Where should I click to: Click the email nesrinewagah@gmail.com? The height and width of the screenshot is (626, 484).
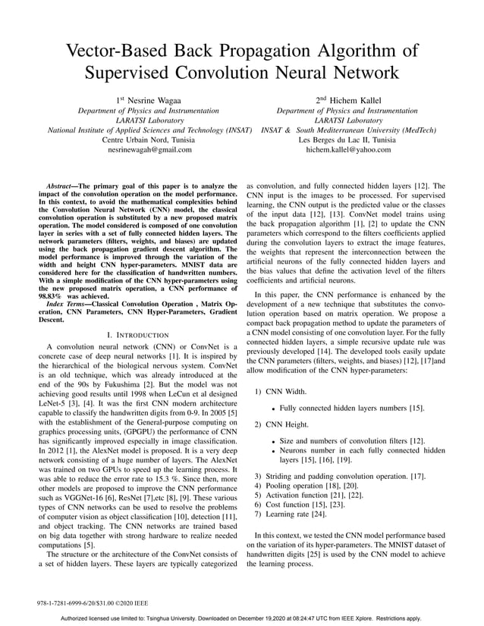[150, 150]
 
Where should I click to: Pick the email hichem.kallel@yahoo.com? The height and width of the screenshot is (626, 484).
[348, 150]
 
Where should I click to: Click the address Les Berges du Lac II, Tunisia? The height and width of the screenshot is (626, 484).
[347, 140]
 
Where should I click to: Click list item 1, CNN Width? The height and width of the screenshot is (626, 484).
[279, 393]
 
